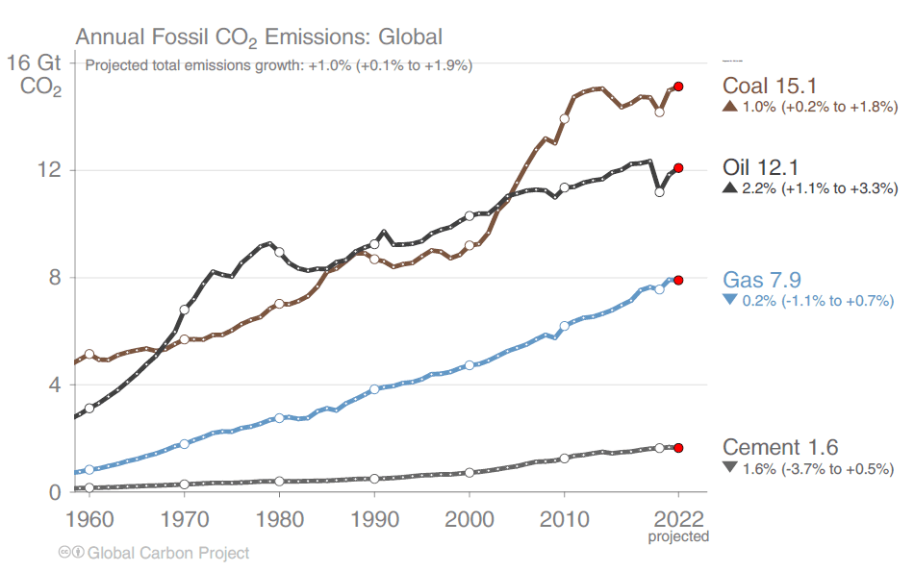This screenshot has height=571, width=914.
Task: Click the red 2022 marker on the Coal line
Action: (678, 87)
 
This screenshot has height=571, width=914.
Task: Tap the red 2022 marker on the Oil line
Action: (678, 168)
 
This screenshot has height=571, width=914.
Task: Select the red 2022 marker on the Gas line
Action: (678, 280)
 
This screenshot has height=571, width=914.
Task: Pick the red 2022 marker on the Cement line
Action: (678, 448)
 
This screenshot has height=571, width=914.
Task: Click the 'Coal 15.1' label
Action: (771, 85)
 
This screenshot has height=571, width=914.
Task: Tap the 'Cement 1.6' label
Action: (780, 447)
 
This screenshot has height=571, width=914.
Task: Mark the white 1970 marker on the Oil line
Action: (185, 310)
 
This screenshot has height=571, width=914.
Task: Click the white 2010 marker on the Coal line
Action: (565, 119)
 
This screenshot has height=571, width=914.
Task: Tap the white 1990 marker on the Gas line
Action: (374, 390)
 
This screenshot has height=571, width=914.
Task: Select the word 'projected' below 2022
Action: (677, 536)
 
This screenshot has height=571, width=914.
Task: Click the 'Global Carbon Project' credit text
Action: (168, 553)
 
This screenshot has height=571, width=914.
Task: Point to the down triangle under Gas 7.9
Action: (729, 300)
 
